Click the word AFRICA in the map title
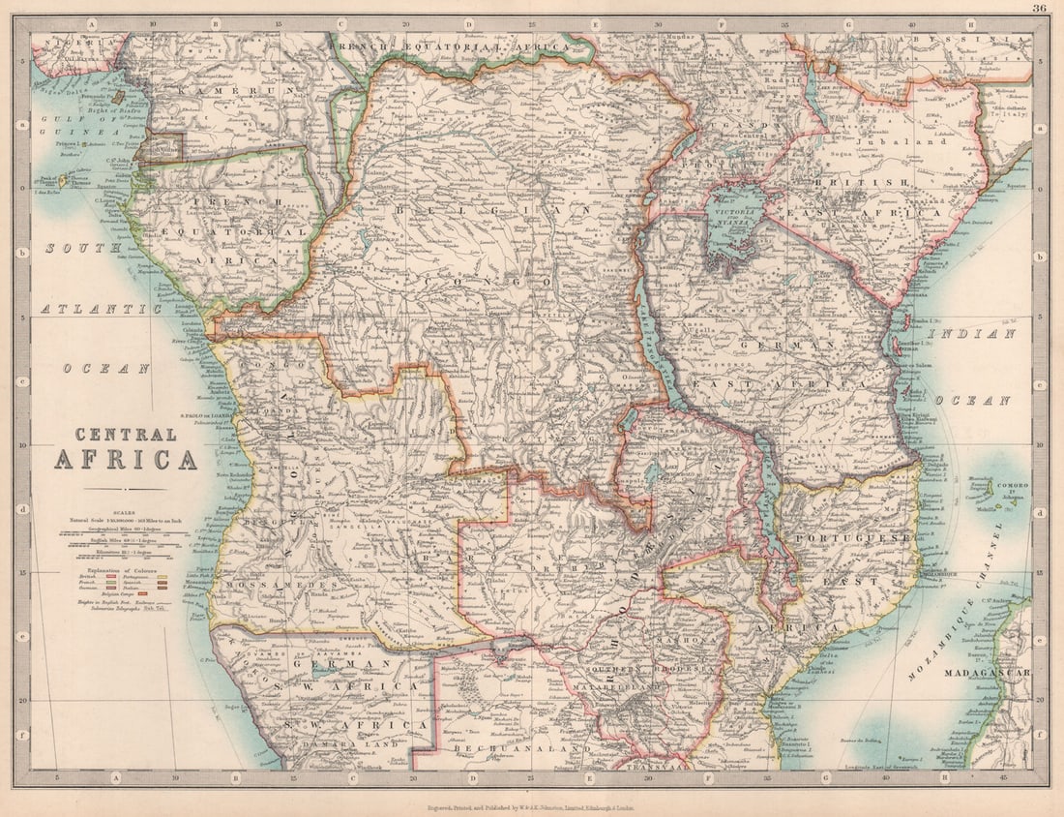(125, 458)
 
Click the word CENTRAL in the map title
(125, 435)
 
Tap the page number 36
(1039, 9)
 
